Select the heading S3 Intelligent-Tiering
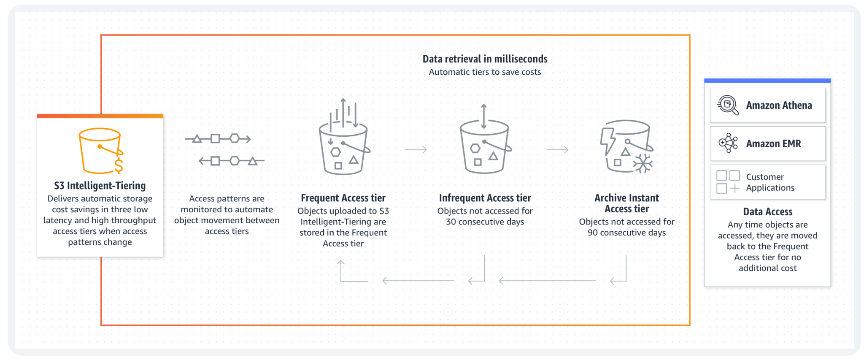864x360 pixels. pos(100,186)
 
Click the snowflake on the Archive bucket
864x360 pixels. pos(643,164)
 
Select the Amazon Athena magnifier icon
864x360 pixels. pos(728,105)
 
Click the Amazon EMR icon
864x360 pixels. pos(728,143)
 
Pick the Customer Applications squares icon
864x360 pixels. pos(728,182)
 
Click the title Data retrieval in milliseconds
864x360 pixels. pos(485,59)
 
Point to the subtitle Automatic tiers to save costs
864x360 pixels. pos(485,72)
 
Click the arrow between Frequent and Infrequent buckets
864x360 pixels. pos(416,149)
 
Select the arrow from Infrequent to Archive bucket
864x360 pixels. pos(557,149)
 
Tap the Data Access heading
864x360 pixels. pos(768,212)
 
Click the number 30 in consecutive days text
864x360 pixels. pos(451,222)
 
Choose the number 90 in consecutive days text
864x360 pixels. pos(593,233)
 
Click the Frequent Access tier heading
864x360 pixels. pos(343,198)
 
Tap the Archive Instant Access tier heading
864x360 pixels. pos(627,203)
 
